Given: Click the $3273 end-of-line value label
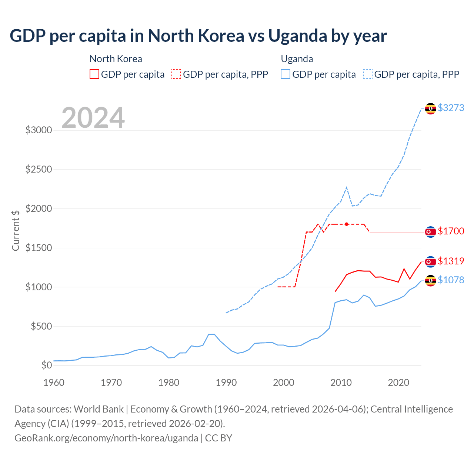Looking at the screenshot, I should [451, 108].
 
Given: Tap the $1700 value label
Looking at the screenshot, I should [451, 231].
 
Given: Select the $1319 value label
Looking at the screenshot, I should [451, 261].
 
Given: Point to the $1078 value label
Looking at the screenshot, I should [451, 280].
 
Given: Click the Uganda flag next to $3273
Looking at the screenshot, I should [430, 109].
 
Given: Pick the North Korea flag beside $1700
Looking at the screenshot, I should [430, 232].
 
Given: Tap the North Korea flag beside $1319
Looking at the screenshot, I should [430, 262].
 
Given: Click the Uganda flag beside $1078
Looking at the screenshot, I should [430, 281].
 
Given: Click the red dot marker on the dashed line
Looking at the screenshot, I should [347, 224].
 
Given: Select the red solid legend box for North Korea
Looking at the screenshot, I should [94, 74].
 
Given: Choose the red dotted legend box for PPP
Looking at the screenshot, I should [176, 74].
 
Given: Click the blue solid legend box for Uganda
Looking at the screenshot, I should [286, 74].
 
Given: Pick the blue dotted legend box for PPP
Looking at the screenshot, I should [368, 74].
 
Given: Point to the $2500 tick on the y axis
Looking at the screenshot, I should [39, 170].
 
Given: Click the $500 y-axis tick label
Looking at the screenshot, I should [41, 326].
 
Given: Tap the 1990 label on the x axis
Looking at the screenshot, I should [226, 383].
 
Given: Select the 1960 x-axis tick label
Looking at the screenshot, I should [54, 383].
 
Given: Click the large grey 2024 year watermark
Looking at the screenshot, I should [93, 118].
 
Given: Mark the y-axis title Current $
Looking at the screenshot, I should [16, 230].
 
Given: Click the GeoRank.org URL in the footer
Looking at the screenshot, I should [106, 438].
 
